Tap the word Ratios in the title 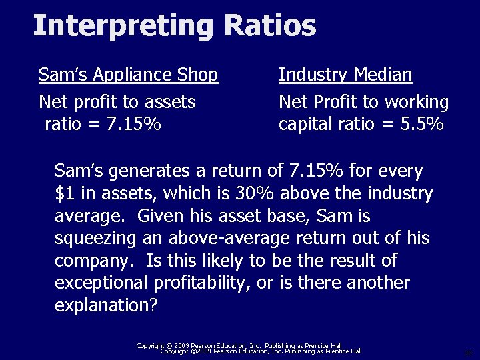(270, 26)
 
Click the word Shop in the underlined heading (199, 75)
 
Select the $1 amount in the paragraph (65, 194)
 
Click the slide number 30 (467, 353)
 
